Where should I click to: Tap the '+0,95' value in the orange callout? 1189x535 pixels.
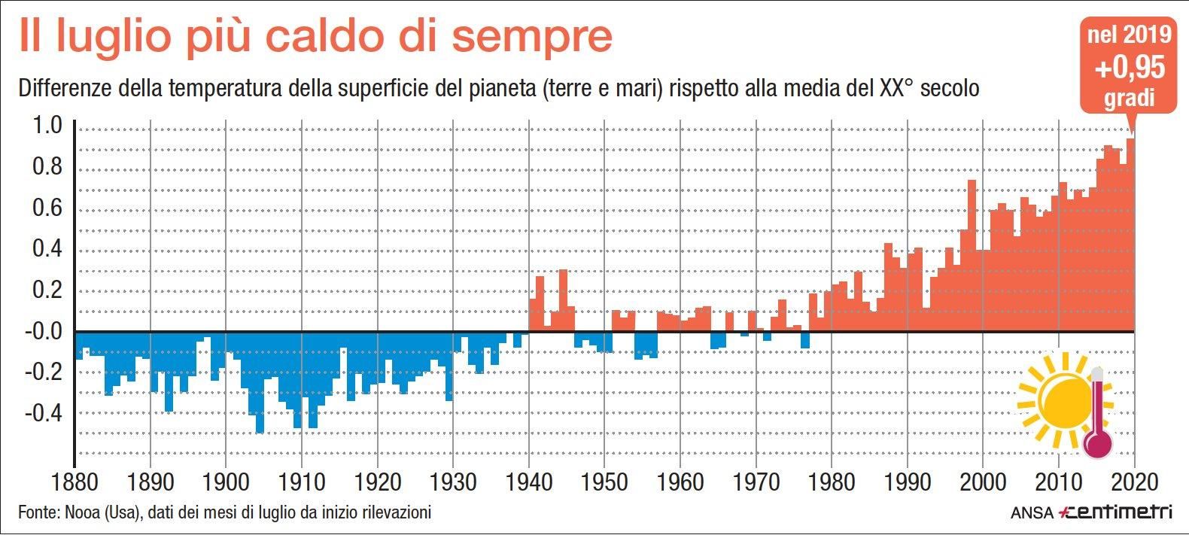coord(1130,68)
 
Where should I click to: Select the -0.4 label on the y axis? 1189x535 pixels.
coord(43,413)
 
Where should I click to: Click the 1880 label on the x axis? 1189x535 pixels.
coord(74,482)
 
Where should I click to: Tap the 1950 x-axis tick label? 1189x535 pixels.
coord(604,482)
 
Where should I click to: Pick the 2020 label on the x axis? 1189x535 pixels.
coord(1134,482)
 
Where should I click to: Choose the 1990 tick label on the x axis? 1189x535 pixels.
coord(908,482)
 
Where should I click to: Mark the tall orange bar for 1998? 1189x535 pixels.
coord(972,256)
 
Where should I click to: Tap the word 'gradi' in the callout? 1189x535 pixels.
coord(1129,99)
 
